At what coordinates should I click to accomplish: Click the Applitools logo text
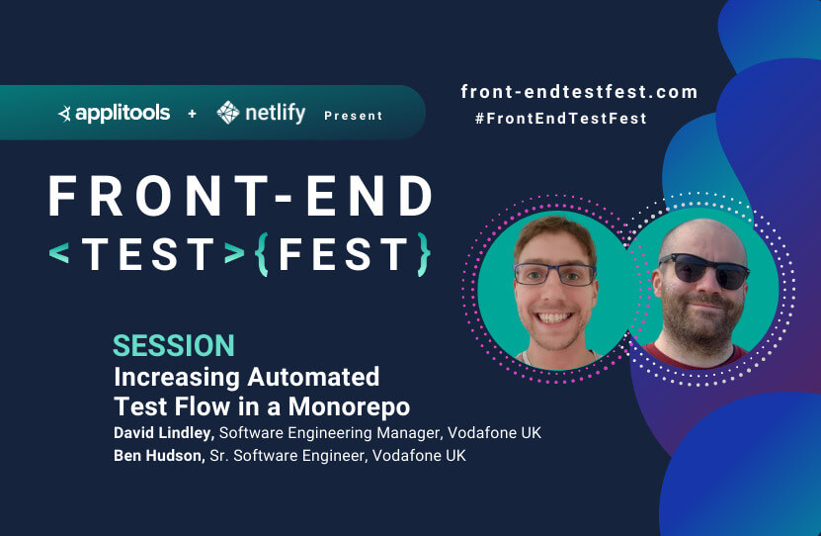pos(123,113)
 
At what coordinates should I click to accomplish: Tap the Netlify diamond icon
pos(228,112)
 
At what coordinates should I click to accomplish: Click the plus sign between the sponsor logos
pos(193,113)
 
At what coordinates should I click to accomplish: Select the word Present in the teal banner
pos(354,116)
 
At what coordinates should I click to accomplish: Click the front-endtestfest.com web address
pos(579,92)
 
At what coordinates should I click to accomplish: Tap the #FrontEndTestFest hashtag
pos(561,119)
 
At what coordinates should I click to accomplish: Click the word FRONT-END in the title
pos(240,196)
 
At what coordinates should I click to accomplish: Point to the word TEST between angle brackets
pos(148,254)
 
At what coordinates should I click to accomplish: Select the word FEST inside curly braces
pos(343,254)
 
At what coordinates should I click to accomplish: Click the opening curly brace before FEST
pos(263,254)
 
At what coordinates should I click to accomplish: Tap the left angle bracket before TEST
pos(59,253)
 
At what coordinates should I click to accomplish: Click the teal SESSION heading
pos(174,346)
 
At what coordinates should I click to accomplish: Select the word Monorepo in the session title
pos(349,407)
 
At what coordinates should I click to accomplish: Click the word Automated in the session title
pos(313,377)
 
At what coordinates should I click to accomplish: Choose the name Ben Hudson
pos(159,455)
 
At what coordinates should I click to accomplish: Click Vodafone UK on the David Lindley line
pos(494,433)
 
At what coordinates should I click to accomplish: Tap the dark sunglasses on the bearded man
pos(704,270)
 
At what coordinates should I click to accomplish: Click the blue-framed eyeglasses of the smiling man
pos(555,274)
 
